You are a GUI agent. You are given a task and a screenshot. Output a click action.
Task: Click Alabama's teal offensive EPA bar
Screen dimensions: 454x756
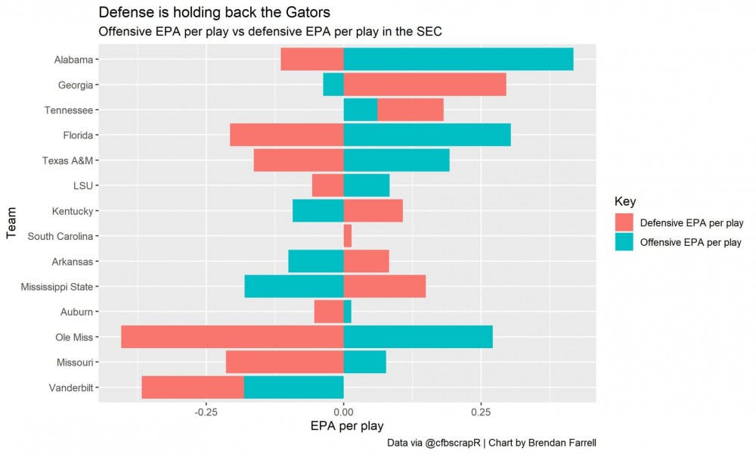(x=458, y=60)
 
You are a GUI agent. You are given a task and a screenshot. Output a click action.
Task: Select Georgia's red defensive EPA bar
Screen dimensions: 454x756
(x=425, y=85)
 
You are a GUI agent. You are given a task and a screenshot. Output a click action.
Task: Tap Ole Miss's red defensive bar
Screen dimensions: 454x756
(x=232, y=337)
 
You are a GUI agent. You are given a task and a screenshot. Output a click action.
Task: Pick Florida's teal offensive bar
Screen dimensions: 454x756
(x=427, y=135)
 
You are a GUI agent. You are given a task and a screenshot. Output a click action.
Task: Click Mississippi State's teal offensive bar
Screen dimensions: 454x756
(x=294, y=287)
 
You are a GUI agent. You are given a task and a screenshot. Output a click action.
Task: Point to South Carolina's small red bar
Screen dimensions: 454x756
(x=348, y=236)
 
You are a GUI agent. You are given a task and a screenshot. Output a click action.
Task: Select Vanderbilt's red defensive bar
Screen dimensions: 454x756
(x=193, y=387)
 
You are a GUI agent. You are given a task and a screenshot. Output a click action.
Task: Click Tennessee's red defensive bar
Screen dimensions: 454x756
(x=411, y=110)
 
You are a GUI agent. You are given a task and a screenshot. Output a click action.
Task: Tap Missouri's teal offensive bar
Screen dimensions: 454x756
(x=364, y=362)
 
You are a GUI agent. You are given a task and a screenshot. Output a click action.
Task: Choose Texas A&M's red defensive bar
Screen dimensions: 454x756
(x=299, y=160)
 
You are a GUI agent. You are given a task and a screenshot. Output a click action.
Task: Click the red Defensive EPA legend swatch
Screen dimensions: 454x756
(x=624, y=222)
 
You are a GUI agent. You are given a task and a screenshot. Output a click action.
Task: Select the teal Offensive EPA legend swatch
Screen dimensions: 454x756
(x=624, y=242)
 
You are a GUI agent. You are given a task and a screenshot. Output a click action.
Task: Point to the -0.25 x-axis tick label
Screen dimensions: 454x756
(x=206, y=412)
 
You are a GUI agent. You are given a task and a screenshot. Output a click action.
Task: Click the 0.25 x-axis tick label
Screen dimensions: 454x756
(x=481, y=412)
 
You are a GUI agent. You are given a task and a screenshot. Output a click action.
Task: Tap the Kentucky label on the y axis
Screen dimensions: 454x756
(x=73, y=211)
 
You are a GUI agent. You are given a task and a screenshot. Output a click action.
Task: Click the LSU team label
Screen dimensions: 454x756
(x=83, y=186)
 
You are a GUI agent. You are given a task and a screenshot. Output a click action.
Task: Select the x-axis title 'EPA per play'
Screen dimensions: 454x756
(x=347, y=427)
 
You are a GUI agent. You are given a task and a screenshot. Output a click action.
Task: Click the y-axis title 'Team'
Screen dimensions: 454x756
(x=11, y=224)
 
